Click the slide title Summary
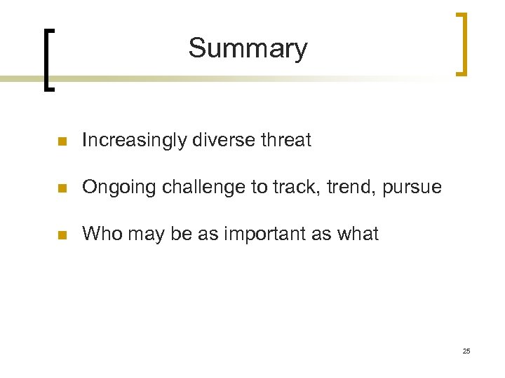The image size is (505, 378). (x=248, y=48)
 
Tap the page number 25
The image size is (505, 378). (x=466, y=351)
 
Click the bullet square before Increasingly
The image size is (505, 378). (x=62, y=141)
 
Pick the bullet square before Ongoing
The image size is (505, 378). (x=62, y=188)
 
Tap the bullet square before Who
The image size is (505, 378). (x=62, y=235)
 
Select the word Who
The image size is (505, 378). (x=101, y=234)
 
